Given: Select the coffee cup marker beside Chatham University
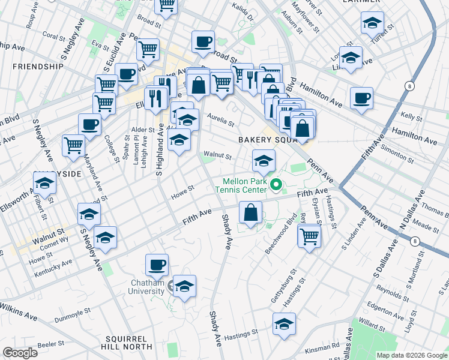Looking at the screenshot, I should coord(157,264).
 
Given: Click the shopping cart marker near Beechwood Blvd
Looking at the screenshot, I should coord(309,235).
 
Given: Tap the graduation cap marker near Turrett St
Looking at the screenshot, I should coord(372,23).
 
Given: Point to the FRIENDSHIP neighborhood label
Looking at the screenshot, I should coord(37,66).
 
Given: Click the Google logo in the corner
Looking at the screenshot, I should coord(20,353).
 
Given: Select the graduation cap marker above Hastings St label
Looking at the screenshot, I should coord(285,323).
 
